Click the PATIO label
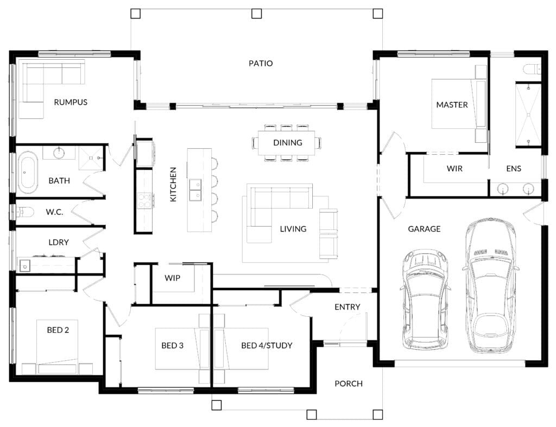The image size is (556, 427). (x=261, y=64)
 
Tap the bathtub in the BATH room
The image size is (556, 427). (x=28, y=172)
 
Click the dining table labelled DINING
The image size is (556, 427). (x=286, y=143)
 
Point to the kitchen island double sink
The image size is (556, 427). (x=195, y=190)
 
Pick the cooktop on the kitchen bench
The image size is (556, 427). (x=144, y=200)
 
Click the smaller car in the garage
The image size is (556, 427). (x=425, y=300)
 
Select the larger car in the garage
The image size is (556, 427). (x=490, y=286)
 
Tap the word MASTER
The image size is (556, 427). (x=452, y=105)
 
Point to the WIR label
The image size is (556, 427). (x=454, y=168)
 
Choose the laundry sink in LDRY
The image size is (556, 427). (x=25, y=265)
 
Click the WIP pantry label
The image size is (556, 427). (x=172, y=278)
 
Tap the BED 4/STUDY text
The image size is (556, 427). (x=267, y=346)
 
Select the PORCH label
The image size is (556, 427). (x=349, y=384)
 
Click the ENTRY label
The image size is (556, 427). (x=347, y=307)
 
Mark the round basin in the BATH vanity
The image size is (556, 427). (x=59, y=153)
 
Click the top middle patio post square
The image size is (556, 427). (x=257, y=14)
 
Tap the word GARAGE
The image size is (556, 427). (x=424, y=229)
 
